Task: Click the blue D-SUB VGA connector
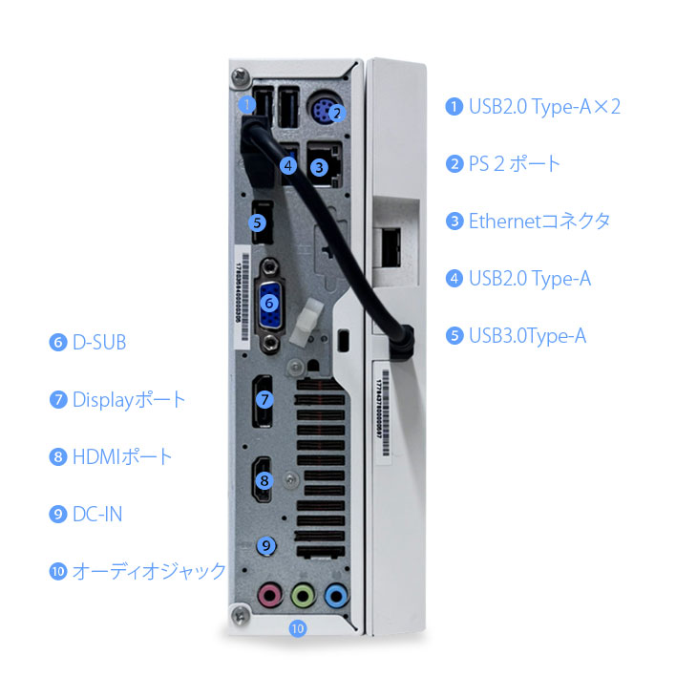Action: [x=270, y=303]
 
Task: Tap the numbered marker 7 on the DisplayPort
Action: [x=265, y=400]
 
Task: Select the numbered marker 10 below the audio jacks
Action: [x=298, y=629]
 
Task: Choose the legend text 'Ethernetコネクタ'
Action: [x=539, y=221]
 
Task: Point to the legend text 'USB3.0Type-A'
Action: [x=526, y=335]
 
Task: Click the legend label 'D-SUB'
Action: [x=98, y=342]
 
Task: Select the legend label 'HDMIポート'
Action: [x=122, y=456]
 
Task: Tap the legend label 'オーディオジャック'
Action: [x=149, y=571]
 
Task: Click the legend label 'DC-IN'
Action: [x=96, y=514]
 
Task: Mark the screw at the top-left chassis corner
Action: [x=239, y=74]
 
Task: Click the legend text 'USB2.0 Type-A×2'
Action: [x=543, y=106]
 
